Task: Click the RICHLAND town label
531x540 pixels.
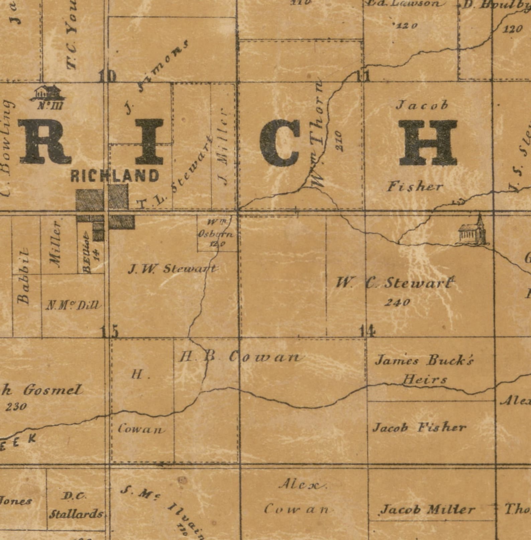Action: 115,176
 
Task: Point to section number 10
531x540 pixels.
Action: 108,77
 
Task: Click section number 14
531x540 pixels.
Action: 367,331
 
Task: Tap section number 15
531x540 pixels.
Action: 110,332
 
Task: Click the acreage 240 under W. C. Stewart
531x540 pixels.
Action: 397,302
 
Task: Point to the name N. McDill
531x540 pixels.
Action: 73,305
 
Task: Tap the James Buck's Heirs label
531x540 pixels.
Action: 424,370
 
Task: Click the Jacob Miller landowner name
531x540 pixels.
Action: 428,510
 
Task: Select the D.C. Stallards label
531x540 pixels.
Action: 76,505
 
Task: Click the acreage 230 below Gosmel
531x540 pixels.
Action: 16,407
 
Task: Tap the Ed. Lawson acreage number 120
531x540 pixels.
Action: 406,25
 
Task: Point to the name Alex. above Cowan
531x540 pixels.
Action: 303,484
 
